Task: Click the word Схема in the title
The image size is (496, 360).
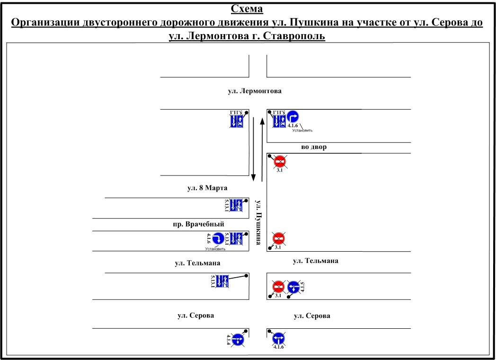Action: [x=247, y=9]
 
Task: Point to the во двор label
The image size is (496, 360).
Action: [x=314, y=147]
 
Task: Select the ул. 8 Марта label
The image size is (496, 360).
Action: [x=204, y=188]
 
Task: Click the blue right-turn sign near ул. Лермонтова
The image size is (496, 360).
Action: [x=293, y=117]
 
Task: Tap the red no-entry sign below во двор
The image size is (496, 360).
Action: [x=279, y=162]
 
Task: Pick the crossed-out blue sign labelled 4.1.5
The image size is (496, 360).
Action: [x=294, y=287]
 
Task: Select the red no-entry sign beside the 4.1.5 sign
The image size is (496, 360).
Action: [x=278, y=287]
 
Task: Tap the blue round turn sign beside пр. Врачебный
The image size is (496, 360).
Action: [x=218, y=238]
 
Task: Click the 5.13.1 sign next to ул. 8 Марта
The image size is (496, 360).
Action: [x=236, y=205]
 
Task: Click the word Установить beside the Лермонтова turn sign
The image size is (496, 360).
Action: [x=302, y=130]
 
